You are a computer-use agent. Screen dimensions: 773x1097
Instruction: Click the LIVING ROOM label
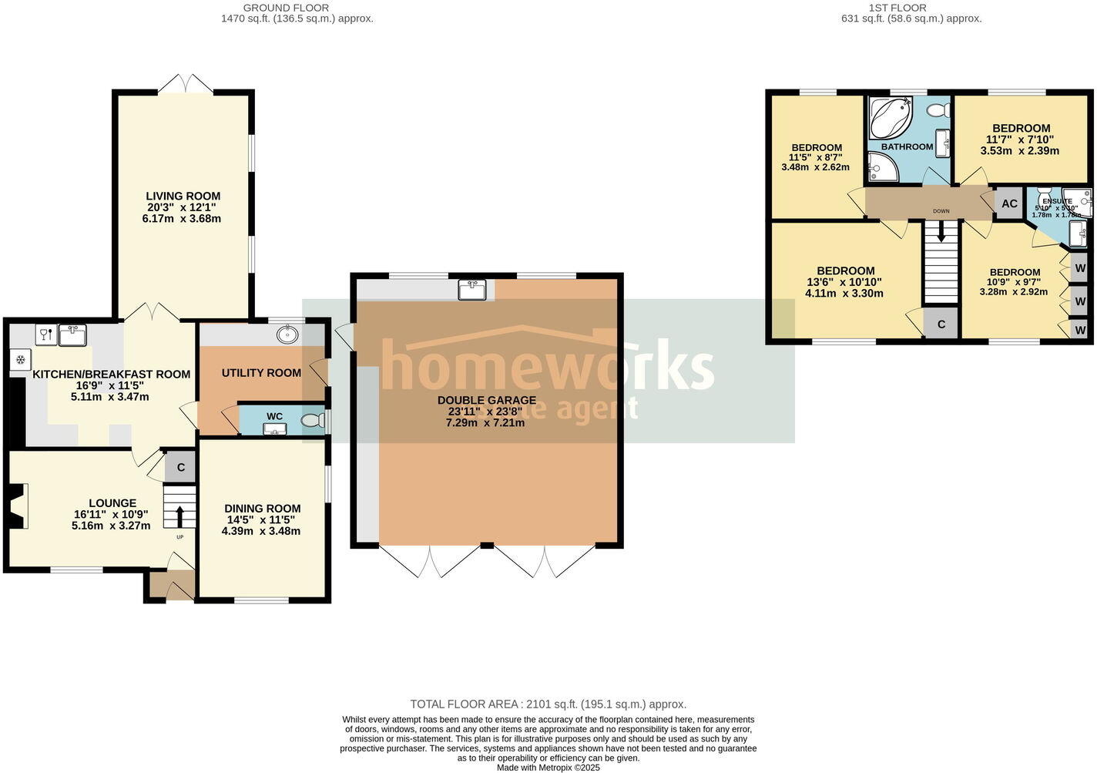[x=183, y=197]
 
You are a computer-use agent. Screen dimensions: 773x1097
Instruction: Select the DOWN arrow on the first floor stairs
[x=941, y=232]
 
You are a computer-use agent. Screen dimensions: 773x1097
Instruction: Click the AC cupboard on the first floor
[x=1009, y=204]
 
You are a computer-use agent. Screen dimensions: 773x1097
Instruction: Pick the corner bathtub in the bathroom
[x=889, y=117]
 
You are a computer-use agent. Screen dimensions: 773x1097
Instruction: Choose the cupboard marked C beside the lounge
[x=181, y=467]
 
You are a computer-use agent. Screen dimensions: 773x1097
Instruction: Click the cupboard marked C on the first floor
[x=941, y=324]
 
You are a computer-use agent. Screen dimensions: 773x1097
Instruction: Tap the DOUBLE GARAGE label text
[x=486, y=400]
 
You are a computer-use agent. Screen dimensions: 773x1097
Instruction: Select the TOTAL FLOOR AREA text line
[x=548, y=704]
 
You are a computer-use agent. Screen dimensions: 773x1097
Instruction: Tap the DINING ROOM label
[x=262, y=509]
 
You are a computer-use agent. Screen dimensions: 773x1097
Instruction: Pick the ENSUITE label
[x=1057, y=201]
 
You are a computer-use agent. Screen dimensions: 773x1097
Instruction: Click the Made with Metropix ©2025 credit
[x=548, y=768]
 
